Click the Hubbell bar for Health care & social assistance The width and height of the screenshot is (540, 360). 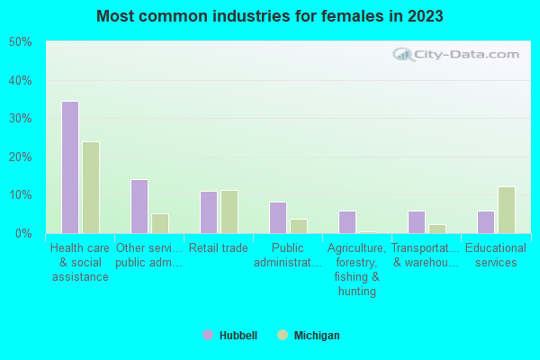pyautogui.click(x=69, y=167)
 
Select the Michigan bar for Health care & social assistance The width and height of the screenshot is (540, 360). pyautogui.click(x=91, y=187)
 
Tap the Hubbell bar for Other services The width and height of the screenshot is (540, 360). pyautogui.click(x=139, y=206)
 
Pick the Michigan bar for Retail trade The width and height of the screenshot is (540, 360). pyautogui.click(x=229, y=211)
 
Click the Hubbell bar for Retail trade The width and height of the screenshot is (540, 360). pyautogui.click(x=208, y=211)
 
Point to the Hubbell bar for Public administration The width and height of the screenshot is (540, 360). pyautogui.click(x=277, y=217)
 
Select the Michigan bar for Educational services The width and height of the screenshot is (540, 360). pyautogui.click(x=507, y=210)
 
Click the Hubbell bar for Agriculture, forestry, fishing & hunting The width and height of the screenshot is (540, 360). pyautogui.click(x=346, y=221)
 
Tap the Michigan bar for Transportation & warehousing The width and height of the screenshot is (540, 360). pyautogui.click(x=437, y=229)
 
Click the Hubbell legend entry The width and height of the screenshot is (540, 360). pyautogui.click(x=230, y=336)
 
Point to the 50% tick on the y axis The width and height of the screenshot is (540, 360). pyautogui.click(x=21, y=42)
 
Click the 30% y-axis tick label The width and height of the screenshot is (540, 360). pyautogui.click(x=21, y=119)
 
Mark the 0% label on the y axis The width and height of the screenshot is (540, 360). pyautogui.click(x=23, y=234)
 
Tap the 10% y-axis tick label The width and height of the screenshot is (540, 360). pyautogui.click(x=21, y=195)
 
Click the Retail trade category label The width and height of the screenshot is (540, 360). pyautogui.click(x=219, y=248)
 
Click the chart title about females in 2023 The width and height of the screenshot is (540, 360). pyautogui.click(x=270, y=16)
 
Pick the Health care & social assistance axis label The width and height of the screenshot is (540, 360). pyautogui.click(x=80, y=262)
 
